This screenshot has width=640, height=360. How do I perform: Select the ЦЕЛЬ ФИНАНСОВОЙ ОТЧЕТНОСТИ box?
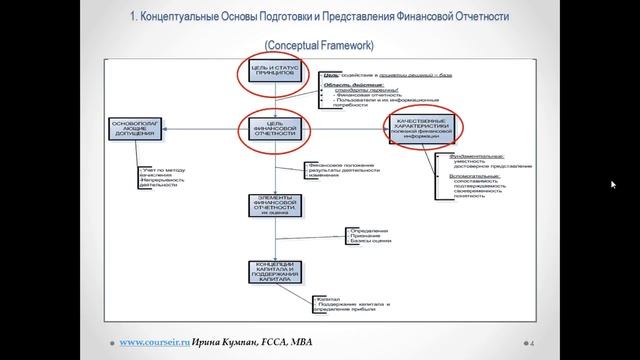(274, 132)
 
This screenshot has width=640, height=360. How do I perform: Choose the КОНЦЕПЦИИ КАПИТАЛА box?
(274, 272)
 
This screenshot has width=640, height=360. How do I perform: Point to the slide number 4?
(528, 343)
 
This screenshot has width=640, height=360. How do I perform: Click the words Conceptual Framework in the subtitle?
(320, 45)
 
